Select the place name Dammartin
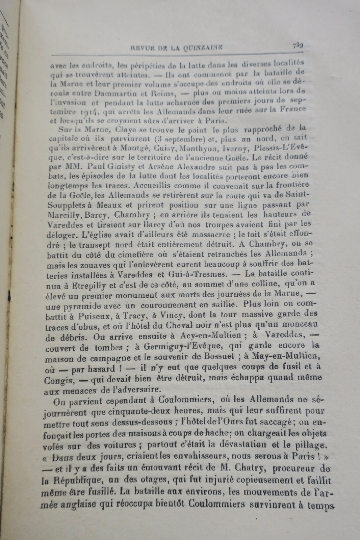tap(102, 92)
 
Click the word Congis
tap(58, 380)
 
